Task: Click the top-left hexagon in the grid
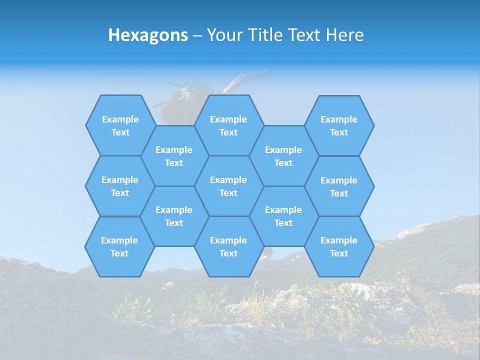(x=120, y=125)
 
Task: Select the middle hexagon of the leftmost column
(x=120, y=186)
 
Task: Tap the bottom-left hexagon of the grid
(x=119, y=246)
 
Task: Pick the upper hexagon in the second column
(x=174, y=156)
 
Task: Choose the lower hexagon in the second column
(x=174, y=216)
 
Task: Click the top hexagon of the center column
(x=228, y=125)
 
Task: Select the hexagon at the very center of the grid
(x=228, y=186)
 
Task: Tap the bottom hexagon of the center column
(x=228, y=246)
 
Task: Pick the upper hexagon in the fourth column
(x=283, y=156)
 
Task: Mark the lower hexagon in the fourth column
(x=283, y=216)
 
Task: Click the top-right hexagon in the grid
(x=339, y=125)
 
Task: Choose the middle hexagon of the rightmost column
(x=339, y=186)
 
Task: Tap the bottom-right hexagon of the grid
(x=339, y=246)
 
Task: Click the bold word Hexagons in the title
(x=148, y=35)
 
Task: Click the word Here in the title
(x=344, y=35)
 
